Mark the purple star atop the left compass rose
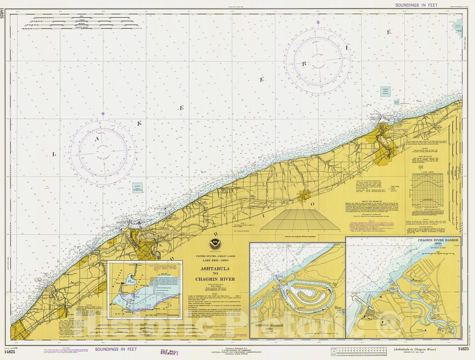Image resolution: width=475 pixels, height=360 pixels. point(103,113)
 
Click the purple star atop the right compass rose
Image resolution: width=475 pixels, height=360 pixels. point(318,22)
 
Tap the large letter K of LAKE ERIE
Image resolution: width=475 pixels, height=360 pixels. point(140,123)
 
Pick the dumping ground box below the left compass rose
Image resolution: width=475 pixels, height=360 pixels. point(137,188)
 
